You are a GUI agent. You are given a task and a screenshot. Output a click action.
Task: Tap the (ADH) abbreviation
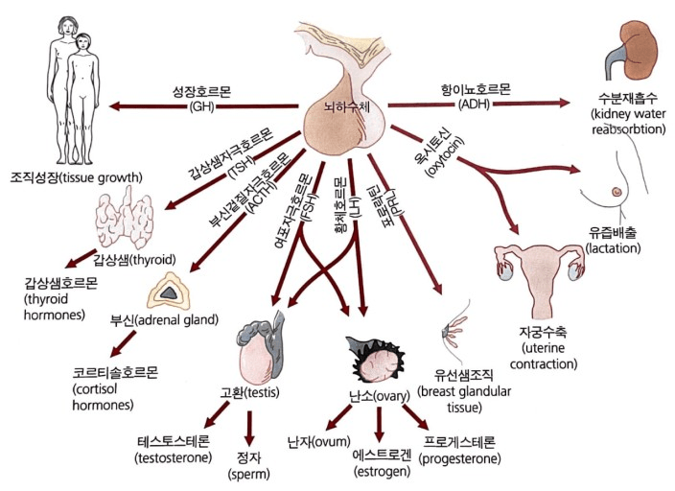point(474,103)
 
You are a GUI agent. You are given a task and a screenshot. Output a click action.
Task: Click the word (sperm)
point(248,474)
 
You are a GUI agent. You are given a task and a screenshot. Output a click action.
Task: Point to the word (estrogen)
point(379,473)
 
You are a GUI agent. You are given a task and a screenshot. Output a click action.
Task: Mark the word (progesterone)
point(461,458)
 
